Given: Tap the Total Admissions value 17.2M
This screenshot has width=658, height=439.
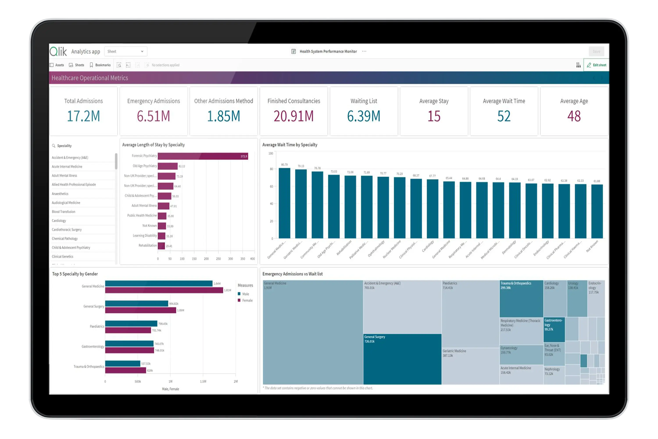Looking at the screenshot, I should click(83, 116).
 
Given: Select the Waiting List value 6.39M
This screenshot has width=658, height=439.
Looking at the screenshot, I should click(364, 116).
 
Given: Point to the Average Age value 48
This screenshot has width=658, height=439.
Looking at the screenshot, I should click(574, 116).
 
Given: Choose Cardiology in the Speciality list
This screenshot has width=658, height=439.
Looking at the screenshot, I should click(59, 221).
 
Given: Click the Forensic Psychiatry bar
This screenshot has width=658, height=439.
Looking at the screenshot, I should click(202, 156).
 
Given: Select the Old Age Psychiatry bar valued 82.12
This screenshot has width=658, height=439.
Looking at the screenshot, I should click(168, 166).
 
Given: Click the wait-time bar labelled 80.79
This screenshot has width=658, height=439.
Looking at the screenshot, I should click(284, 203).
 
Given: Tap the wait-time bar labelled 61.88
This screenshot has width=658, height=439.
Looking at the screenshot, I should click(597, 211).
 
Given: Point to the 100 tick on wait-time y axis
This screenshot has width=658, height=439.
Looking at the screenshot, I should click(270, 153).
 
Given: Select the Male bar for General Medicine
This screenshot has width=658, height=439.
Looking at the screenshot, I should click(159, 284).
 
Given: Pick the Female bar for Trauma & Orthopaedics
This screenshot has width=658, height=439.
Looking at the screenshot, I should click(125, 371).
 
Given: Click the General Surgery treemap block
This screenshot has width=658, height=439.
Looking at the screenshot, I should click(402, 359).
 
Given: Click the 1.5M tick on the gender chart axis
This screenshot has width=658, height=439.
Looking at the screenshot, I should click(203, 381).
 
